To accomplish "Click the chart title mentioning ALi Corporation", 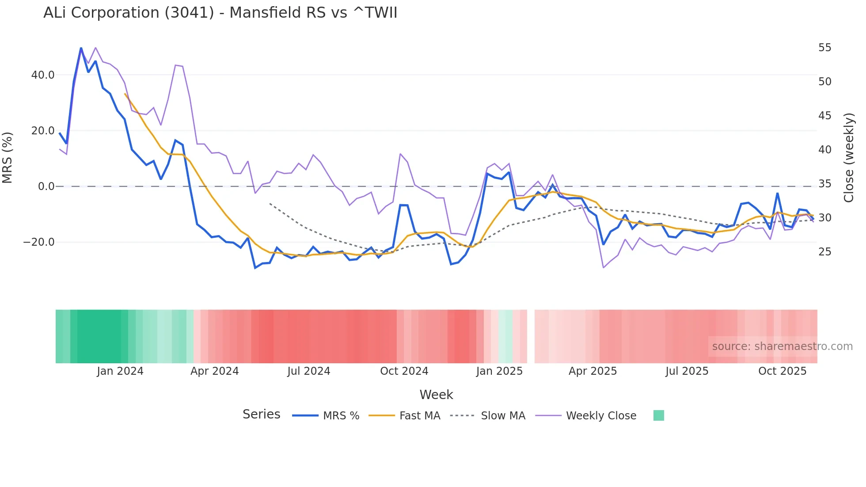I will coord(220,13).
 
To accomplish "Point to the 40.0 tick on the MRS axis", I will coord(43,75).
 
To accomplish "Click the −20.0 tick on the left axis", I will coord(39,242).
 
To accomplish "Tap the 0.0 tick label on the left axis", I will coord(46,186).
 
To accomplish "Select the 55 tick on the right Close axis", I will coord(824,48).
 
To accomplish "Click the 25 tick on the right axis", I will coord(824,252).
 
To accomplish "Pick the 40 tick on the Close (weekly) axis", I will coord(824,150).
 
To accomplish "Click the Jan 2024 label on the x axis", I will coord(120,371).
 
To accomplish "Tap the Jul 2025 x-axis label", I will coord(687,371).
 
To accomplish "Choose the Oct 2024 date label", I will coord(404,371).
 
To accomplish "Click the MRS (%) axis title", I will coord(8,157).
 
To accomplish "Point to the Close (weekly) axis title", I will coord(848,157).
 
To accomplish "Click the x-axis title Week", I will coord(436,395).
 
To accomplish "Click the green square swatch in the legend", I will coord(658,415).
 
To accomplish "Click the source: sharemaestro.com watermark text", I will coord(782,346).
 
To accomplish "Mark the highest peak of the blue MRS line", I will coord(81,48).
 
